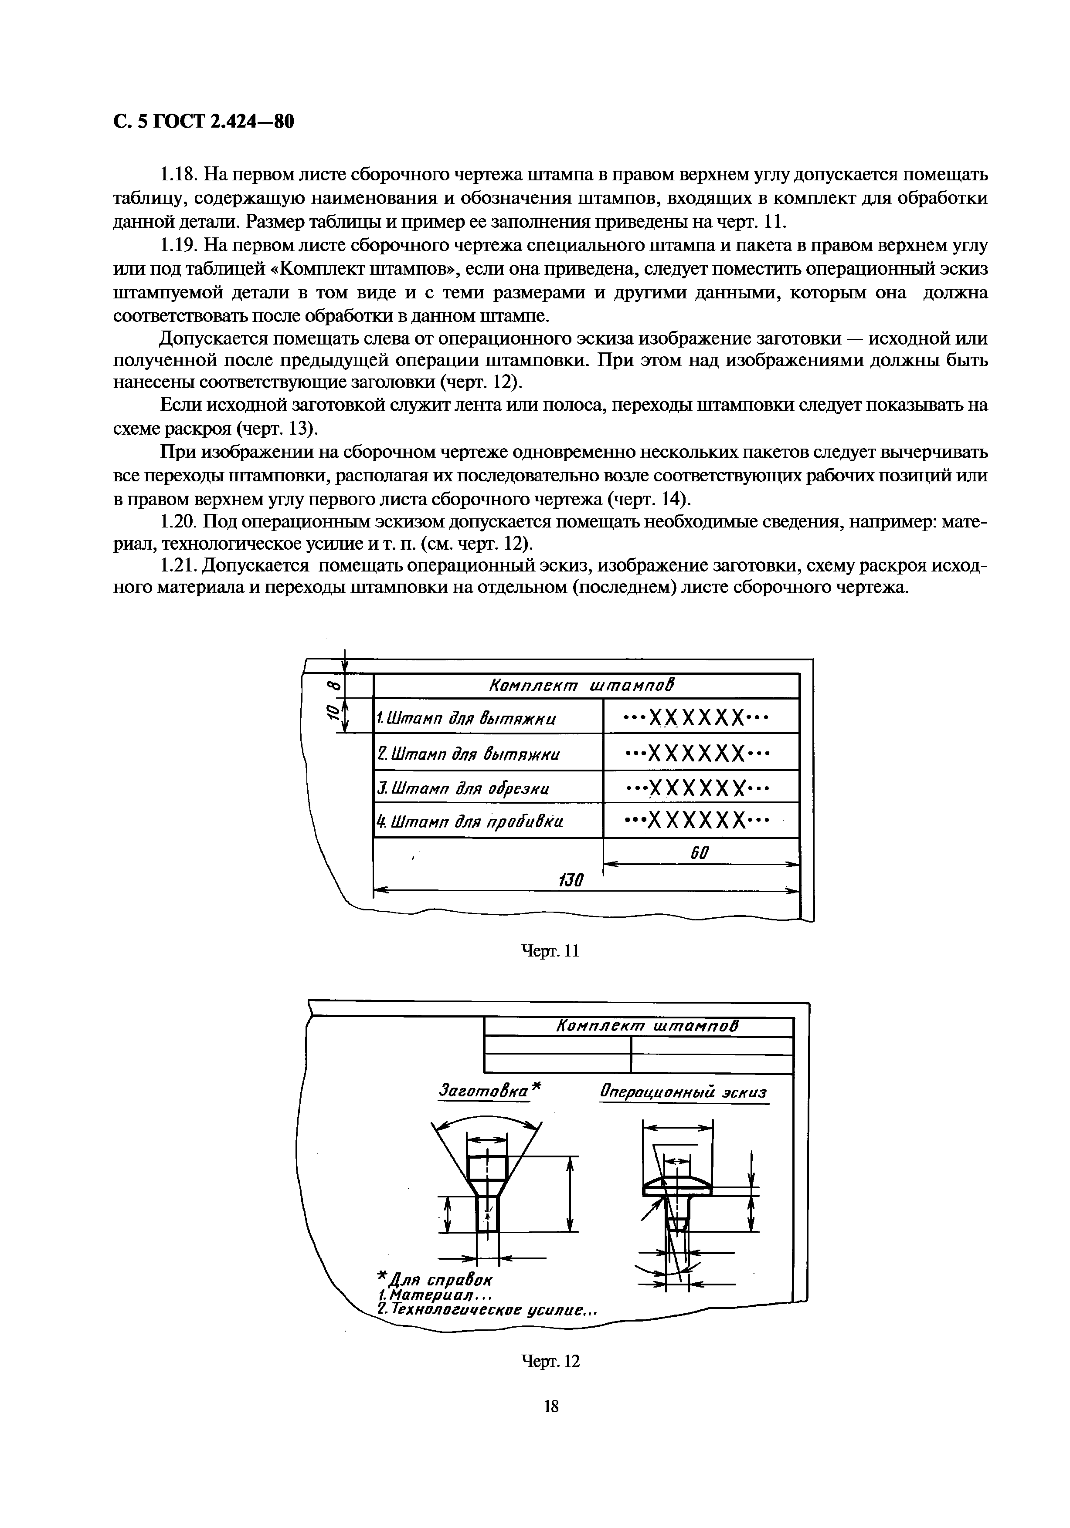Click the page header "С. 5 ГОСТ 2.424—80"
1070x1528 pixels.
(203, 122)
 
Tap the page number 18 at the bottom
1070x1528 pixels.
(551, 1406)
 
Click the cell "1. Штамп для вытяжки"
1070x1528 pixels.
(466, 719)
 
